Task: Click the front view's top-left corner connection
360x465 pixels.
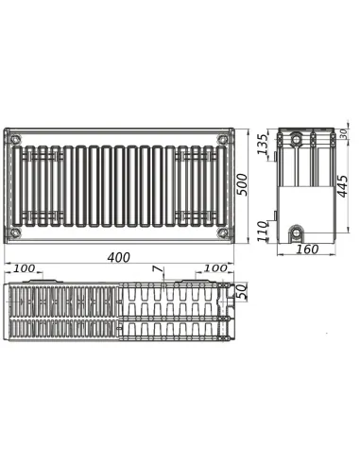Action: pyautogui.click(x=15, y=140)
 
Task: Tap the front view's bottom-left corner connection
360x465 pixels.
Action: pyautogui.click(x=15, y=232)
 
